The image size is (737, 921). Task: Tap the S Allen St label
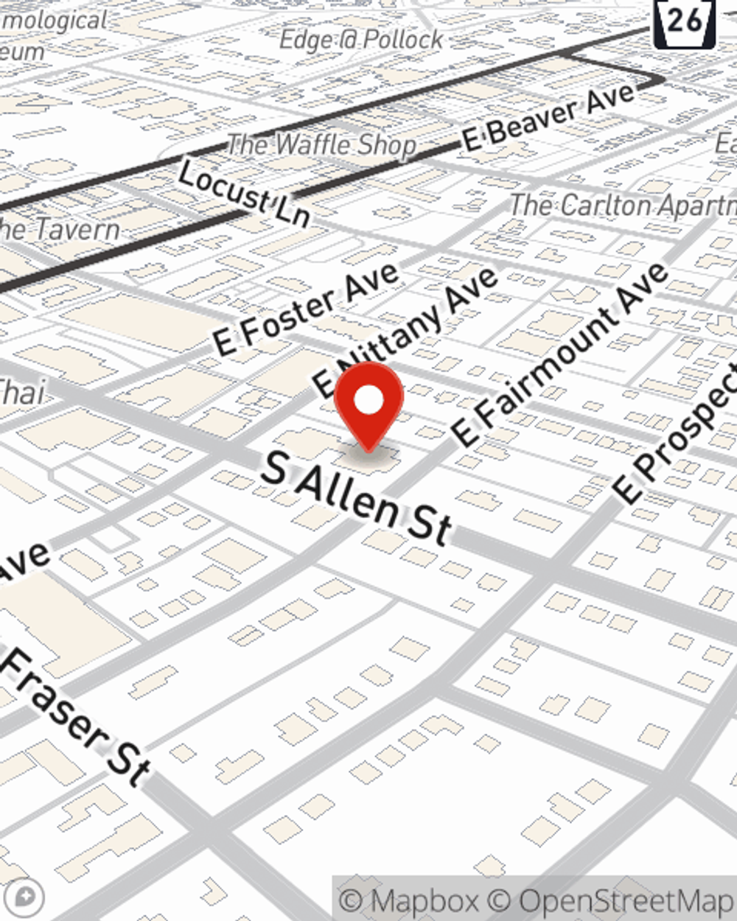click(357, 498)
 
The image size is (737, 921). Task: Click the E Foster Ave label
click(306, 309)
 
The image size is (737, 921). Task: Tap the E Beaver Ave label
click(549, 118)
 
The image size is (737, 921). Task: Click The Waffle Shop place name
click(322, 144)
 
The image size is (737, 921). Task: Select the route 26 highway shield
click(685, 22)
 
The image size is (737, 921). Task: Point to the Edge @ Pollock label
click(361, 40)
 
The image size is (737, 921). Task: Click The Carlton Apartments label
click(623, 205)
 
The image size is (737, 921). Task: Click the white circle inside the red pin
click(368, 400)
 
